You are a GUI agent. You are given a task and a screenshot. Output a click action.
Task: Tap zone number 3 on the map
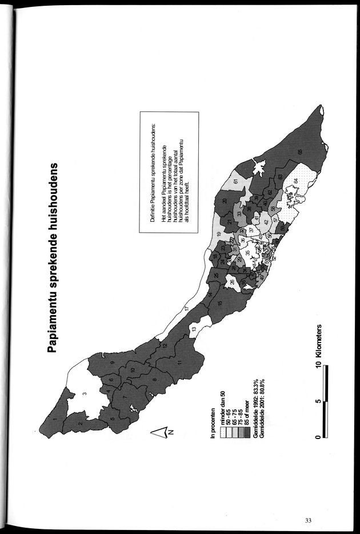tap(83, 393)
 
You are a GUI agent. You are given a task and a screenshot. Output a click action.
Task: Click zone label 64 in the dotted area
tap(296, 181)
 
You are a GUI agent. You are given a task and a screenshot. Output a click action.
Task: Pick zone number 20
tap(225, 201)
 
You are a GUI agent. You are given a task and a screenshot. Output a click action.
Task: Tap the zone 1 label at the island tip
tap(55, 420)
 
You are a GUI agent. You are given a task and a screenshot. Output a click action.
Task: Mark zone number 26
tap(232, 281)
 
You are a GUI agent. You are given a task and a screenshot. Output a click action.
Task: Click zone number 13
tap(194, 329)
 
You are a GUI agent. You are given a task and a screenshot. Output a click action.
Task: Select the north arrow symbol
tap(161, 432)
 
